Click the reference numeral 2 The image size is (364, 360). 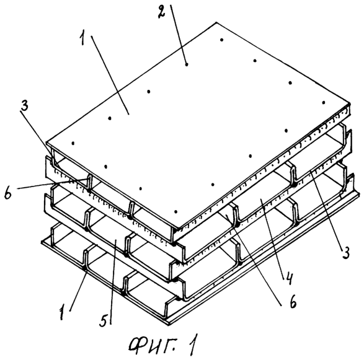162,12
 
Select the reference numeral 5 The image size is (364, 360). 104,319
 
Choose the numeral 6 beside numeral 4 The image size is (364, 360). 293,302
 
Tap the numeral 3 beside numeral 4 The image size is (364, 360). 345,252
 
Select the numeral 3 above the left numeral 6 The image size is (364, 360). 24,106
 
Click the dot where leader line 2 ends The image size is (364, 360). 186,64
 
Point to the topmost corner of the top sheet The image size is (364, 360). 216,22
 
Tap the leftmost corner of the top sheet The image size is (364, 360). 47,143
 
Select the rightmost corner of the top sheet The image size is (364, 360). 350,103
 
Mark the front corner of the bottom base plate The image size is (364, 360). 169,324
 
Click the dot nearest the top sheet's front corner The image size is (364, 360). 175,211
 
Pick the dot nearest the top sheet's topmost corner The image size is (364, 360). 222,40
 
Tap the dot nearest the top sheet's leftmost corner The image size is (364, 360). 73,143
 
